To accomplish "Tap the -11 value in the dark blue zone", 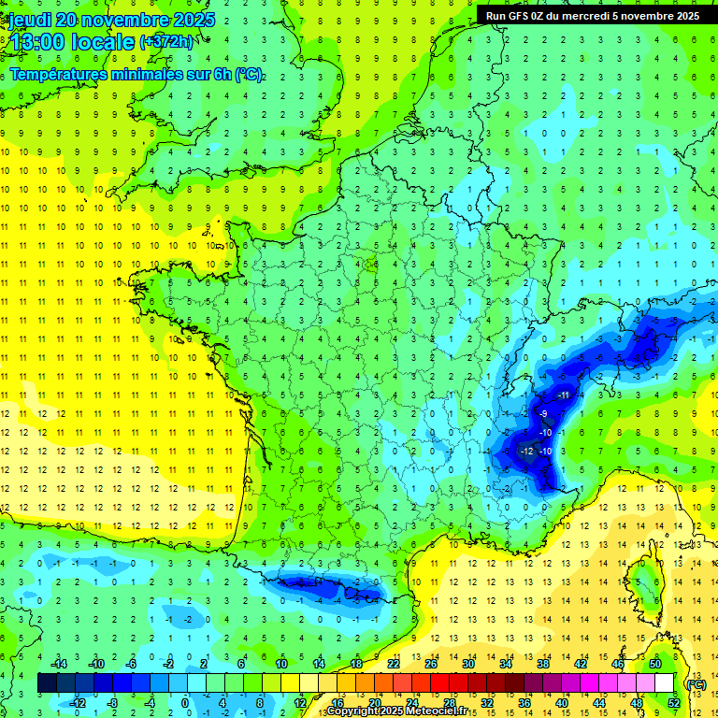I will pyautogui.click(x=563, y=395).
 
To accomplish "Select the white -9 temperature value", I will pyautogui.click(x=543, y=414).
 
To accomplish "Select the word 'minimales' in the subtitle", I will pyautogui.click(x=131, y=75).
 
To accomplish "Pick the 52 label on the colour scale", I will pyautogui.click(x=674, y=703).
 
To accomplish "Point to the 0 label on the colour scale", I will pyautogui.click(x=185, y=703).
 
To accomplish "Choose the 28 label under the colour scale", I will pyautogui.click(x=450, y=703).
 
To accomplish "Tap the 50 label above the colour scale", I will pyautogui.click(x=655, y=664).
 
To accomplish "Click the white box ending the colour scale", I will pyautogui.click(x=665, y=683).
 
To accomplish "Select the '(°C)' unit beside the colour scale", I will pyautogui.click(x=696, y=683).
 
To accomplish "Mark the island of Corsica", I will pyautogui.click(x=645, y=584).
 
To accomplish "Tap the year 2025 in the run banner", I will pyautogui.click(x=686, y=16).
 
